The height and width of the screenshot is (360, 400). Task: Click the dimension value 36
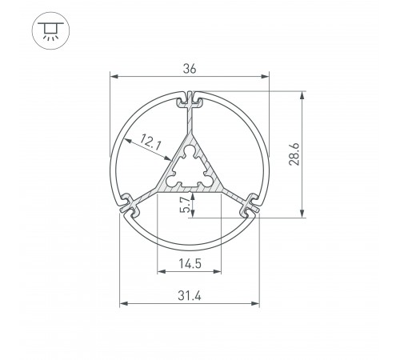click(190, 69)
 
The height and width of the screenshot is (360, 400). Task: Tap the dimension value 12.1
click(151, 143)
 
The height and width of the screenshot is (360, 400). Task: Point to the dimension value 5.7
click(186, 206)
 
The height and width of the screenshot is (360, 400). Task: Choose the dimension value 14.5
click(190, 262)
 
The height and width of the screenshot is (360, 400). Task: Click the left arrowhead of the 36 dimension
click(112, 78)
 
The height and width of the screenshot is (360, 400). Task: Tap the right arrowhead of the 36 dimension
click(267, 78)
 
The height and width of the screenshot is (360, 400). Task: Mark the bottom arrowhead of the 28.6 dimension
click(302, 214)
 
